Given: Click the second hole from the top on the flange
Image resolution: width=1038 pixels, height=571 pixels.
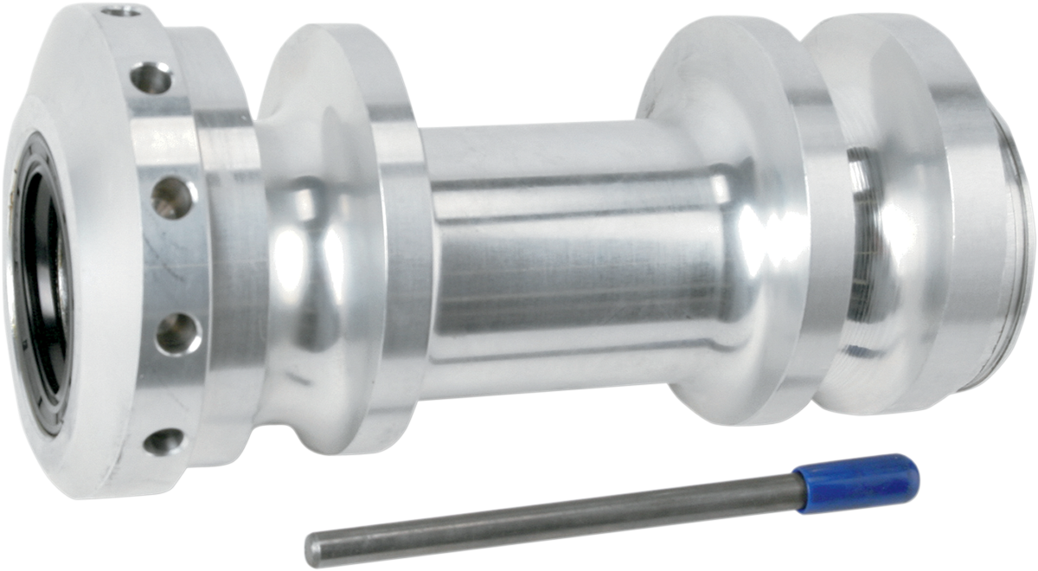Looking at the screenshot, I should [x=152, y=80].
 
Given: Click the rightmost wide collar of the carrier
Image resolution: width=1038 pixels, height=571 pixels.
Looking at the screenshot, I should [x=900, y=216].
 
